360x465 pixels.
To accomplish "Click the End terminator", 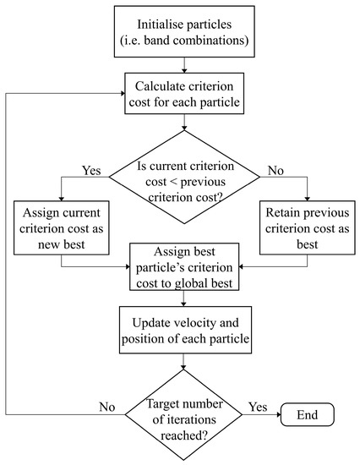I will coord(307,413).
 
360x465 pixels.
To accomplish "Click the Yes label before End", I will coord(256,407).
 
